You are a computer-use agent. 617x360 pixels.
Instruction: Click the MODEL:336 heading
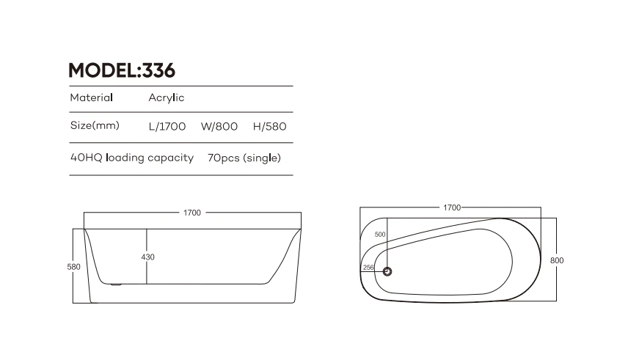coord(121,71)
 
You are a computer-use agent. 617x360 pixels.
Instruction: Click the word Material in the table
coord(91,98)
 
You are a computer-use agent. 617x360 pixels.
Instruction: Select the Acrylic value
coord(167,98)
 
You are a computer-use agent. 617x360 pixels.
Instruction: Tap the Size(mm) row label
coord(94,125)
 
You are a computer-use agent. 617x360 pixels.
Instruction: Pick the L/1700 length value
coord(167,125)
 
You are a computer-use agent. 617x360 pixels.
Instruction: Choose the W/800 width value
coord(219,125)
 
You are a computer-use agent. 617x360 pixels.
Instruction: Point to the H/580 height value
coord(269,125)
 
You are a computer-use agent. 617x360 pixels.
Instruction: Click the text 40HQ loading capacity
coord(131,158)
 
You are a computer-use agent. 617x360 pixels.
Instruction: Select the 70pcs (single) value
coord(244,158)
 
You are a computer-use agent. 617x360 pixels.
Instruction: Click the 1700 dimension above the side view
coord(191,213)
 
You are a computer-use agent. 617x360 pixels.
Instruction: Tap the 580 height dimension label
coord(74,267)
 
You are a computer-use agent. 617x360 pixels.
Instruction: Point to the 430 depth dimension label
coord(148,257)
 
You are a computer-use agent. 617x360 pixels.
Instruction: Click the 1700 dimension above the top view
coord(451,207)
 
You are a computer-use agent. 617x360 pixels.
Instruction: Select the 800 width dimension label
coord(557,260)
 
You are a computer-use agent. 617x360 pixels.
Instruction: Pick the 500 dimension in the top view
coord(379,235)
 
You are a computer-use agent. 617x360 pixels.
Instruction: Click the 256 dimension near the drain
coord(368,268)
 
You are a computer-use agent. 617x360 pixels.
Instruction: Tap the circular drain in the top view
coord(387,272)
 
